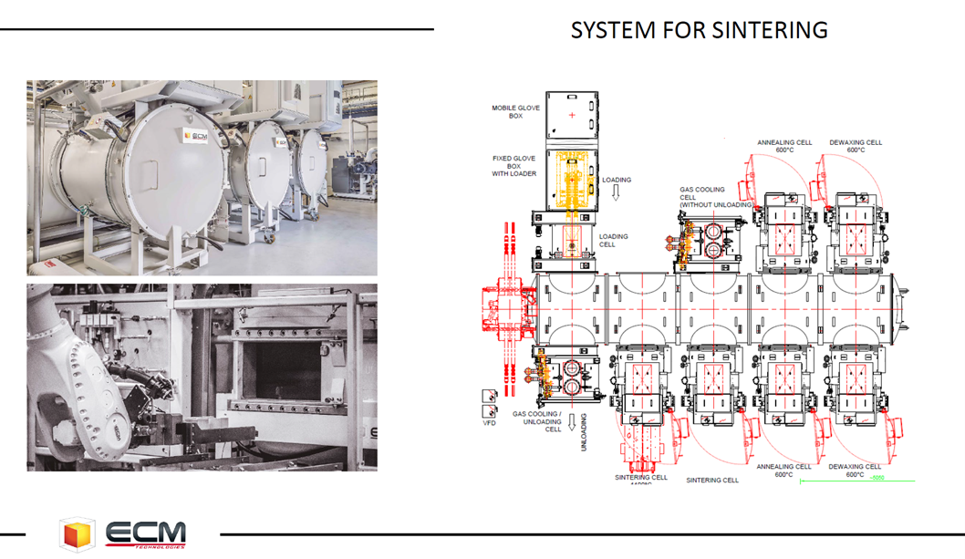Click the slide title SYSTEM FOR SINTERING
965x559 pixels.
[x=699, y=30]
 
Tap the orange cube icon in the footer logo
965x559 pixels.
[x=77, y=533]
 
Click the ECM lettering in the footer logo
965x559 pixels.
[x=145, y=532]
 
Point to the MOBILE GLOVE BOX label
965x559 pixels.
[x=516, y=112]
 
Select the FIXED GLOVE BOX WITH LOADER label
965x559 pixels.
[x=516, y=166]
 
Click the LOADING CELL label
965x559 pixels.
[x=613, y=241]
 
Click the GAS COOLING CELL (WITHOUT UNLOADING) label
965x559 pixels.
[x=713, y=198]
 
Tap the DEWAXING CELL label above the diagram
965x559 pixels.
[x=856, y=146]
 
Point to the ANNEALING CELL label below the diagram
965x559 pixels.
[x=783, y=471]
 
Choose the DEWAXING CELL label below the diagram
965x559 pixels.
[x=856, y=471]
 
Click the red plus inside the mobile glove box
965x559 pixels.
[x=571, y=115]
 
